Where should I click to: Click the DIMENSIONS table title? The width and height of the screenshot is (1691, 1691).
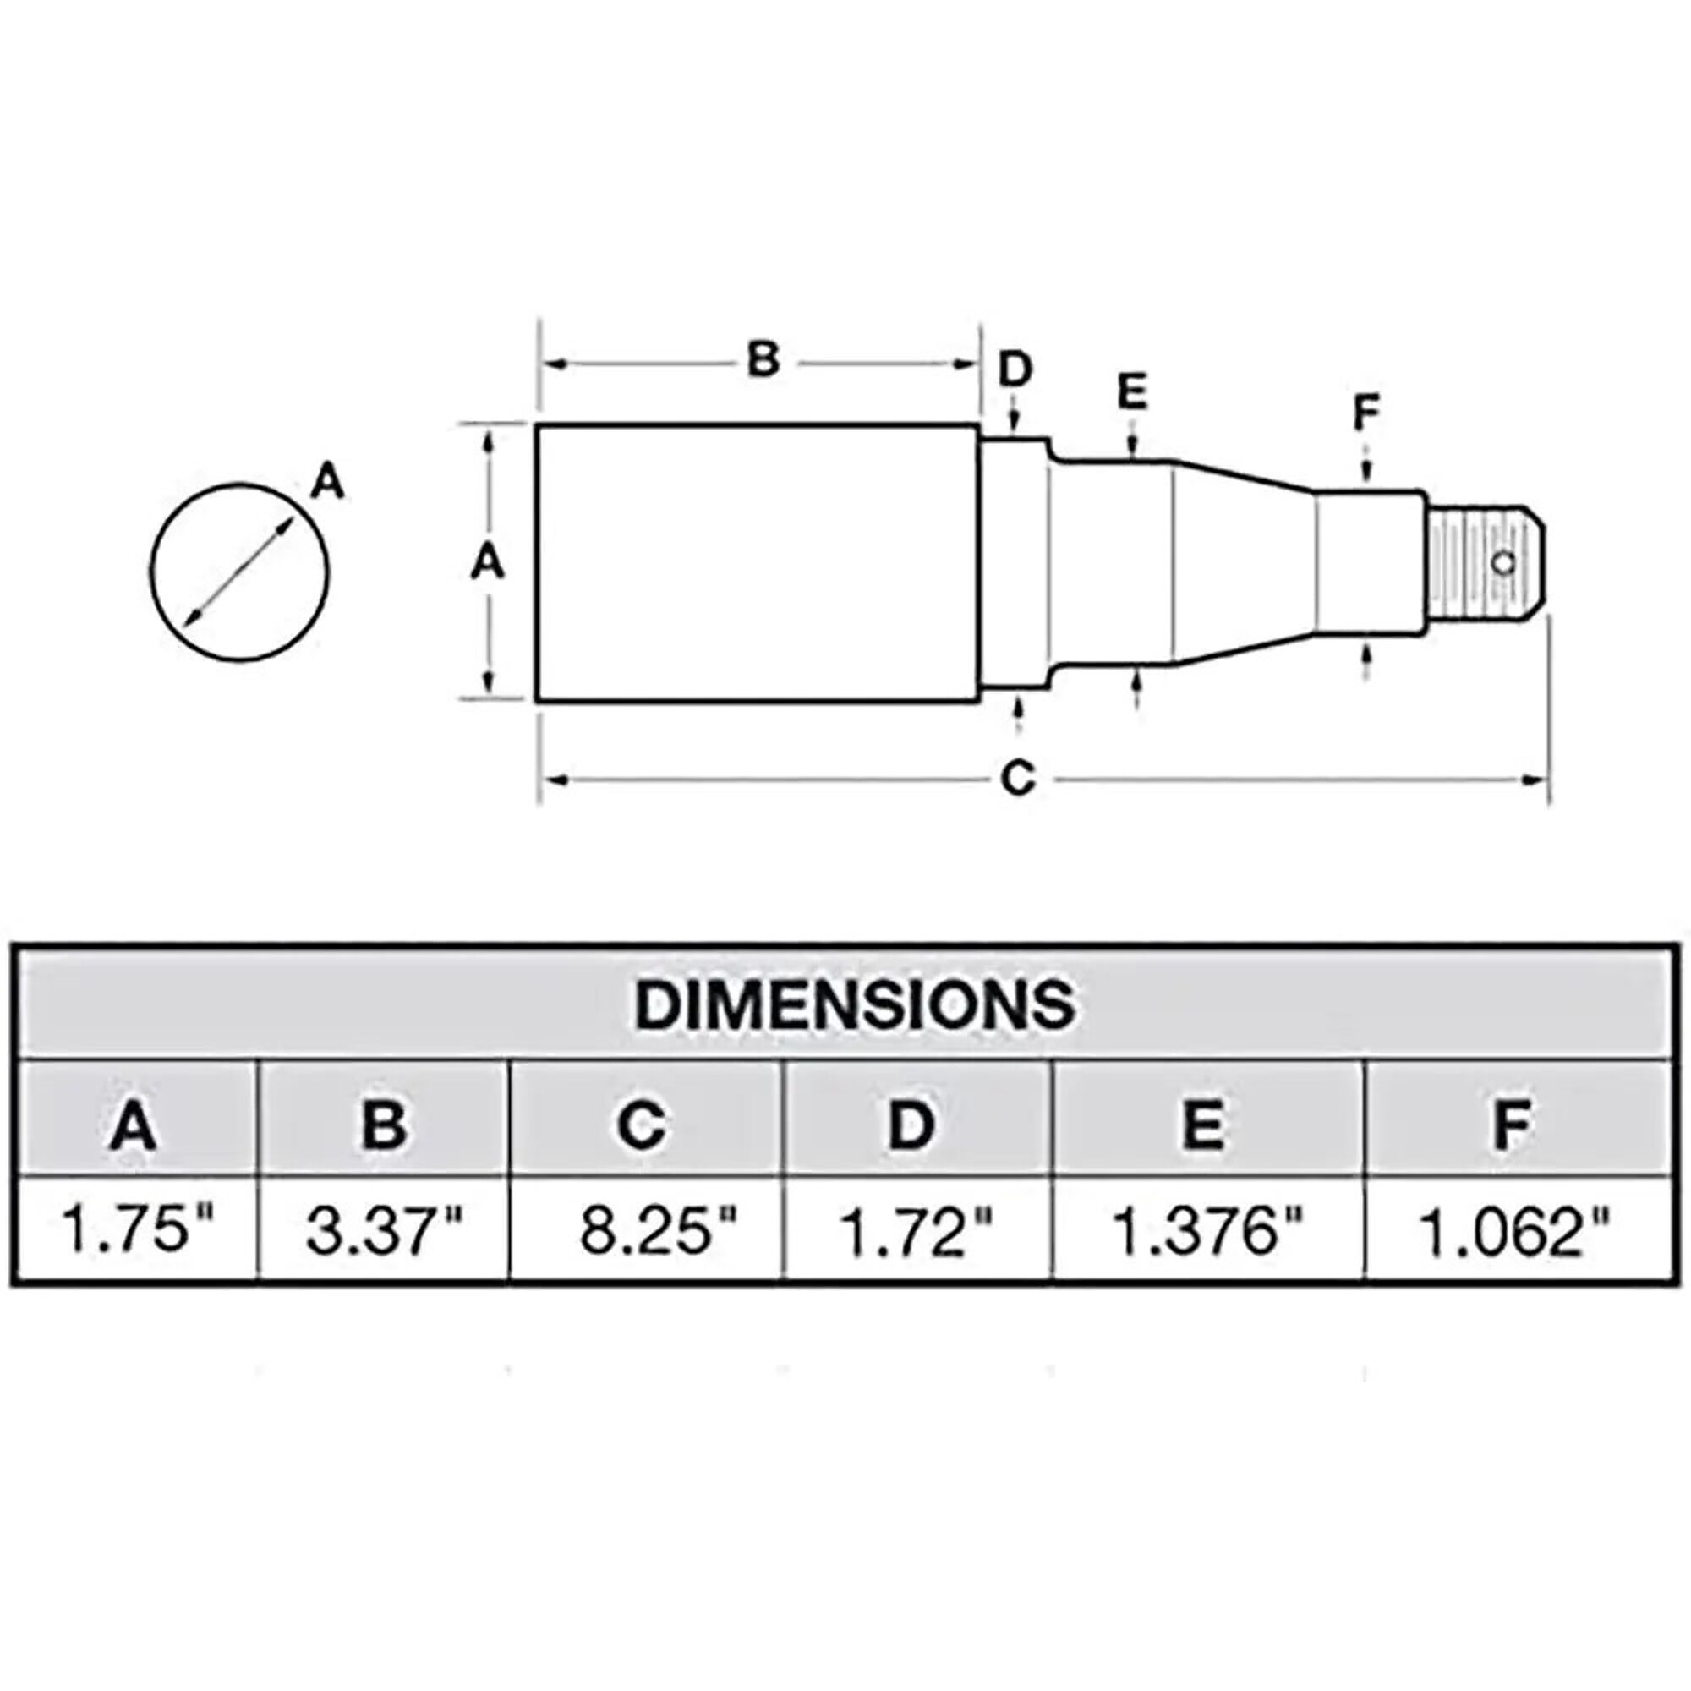(x=854, y=1004)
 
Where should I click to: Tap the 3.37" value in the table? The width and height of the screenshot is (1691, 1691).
(x=383, y=1229)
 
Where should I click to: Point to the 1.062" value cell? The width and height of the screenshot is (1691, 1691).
(x=1514, y=1229)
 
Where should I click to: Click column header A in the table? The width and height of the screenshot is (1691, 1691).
(x=133, y=1125)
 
